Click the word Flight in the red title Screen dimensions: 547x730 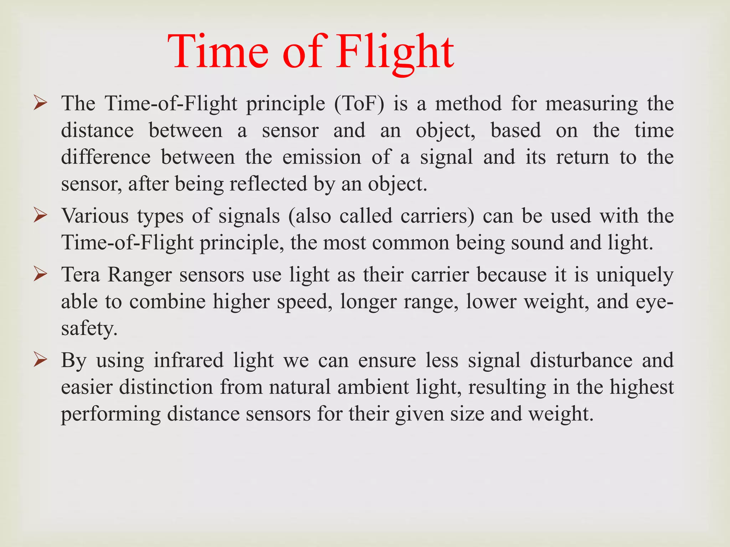point(395,52)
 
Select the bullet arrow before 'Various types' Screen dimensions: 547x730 point(40,216)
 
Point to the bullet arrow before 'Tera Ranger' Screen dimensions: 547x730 point(40,275)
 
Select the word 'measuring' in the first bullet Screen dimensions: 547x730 point(591,104)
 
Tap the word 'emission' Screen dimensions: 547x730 point(322,157)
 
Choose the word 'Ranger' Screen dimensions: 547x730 point(140,275)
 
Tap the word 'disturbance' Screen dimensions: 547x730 point(581,360)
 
